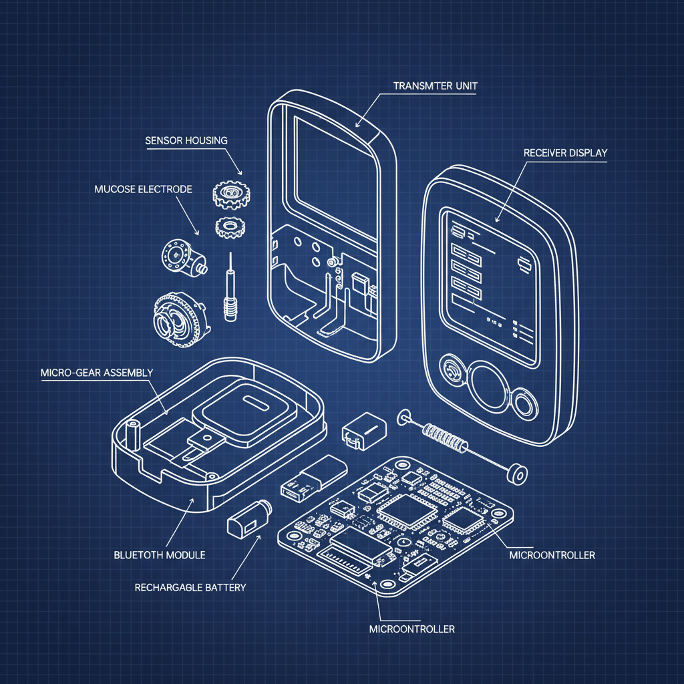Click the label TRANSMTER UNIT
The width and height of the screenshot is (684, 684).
click(436, 85)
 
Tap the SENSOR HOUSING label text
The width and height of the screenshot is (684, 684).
click(186, 140)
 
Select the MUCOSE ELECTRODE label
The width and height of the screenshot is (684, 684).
click(144, 189)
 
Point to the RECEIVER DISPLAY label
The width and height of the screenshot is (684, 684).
click(565, 153)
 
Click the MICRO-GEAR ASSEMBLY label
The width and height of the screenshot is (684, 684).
click(97, 372)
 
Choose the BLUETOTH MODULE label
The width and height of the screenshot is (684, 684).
click(160, 554)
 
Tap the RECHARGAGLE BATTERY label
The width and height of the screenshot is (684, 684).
click(190, 588)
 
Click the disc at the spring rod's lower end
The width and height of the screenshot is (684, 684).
click(515, 474)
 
